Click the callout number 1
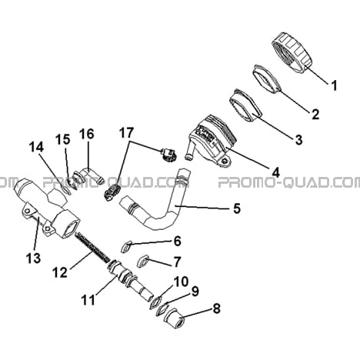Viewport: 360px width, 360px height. point(334,85)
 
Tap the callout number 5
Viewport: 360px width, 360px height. point(237,208)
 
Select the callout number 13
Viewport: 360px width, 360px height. point(33,258)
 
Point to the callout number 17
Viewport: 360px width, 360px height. point(126,133)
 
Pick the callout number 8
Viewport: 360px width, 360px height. point(217,308)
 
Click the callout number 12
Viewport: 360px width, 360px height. point(60,272)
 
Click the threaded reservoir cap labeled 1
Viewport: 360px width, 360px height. point(292,52)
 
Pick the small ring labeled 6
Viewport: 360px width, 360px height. point(126,247)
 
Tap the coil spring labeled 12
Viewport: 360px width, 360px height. point(93,245)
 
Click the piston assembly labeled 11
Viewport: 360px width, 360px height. point(129,280)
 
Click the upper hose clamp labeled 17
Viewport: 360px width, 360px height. point(168,155)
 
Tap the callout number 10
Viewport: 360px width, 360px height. point(182,282)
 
